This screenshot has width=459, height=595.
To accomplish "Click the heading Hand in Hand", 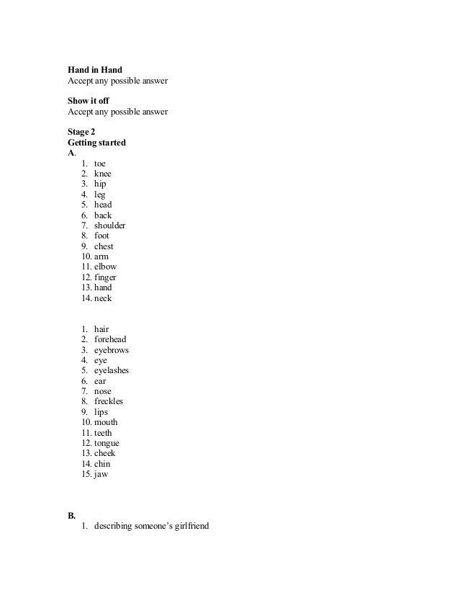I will point(94,70).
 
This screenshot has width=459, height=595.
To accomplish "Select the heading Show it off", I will point(88,101).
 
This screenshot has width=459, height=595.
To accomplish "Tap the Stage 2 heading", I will point(81,132).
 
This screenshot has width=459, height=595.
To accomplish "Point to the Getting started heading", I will point(96,143).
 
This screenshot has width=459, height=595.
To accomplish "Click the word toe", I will point(100,164).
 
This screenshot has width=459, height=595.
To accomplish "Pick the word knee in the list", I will point(103,174).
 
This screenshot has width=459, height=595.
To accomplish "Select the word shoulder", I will point(110,225).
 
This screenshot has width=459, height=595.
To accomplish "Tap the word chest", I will point(104,246).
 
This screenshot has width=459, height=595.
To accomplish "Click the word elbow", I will point(105,267).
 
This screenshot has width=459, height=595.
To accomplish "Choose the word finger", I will point(105,277).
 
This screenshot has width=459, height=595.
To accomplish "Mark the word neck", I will point(103,297).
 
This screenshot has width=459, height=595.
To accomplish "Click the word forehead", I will point(110,339).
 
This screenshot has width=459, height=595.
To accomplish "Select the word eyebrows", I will point(112,350).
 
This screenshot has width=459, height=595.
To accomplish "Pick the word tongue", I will point(106,443).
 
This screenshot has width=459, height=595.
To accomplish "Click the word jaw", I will point(101,474).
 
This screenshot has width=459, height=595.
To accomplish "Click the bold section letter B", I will point(71,516).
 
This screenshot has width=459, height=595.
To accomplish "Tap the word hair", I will point(101,329).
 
